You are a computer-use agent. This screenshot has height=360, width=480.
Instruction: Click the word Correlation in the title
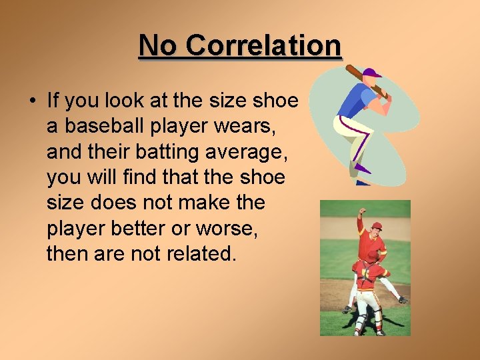(x=263, y=45)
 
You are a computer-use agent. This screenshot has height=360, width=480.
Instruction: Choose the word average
(x=247, y=152)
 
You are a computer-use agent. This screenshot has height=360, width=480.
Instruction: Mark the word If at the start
(x=53, y=101)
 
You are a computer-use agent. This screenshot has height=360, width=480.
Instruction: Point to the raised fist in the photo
(x=362, y=212)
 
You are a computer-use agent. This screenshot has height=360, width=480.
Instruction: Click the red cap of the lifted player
(x=377, y=226)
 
